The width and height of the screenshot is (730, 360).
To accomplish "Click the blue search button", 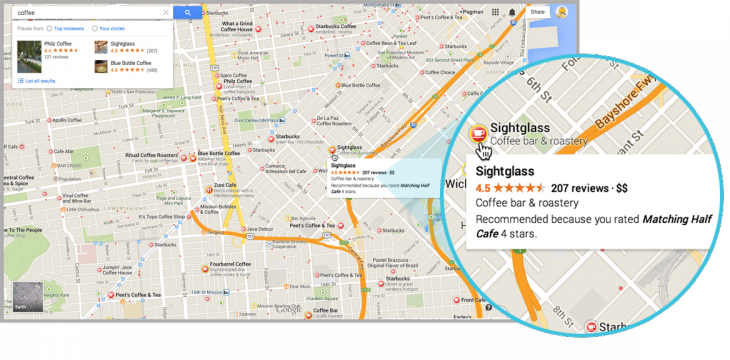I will tap(187, 13).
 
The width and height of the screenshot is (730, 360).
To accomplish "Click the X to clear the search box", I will tap(165, 13).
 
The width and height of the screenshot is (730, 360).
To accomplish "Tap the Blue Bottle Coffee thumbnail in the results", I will tap(101, 68).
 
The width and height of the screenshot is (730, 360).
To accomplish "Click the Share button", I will tap(537, 12).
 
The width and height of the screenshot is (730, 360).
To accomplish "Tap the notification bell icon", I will tap(512, 12).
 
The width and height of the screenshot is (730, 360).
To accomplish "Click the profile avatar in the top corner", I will tap(562, 12).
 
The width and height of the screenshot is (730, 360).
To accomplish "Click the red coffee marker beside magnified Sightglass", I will tap(479, 133).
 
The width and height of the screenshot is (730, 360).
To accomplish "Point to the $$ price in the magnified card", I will tap(621, 187).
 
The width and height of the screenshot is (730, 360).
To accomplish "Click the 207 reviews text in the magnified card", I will tap(580, 187).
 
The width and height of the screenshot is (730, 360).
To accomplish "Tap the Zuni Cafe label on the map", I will tap(226, 186).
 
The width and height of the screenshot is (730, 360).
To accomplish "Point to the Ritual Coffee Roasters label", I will tap(151, 155).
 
